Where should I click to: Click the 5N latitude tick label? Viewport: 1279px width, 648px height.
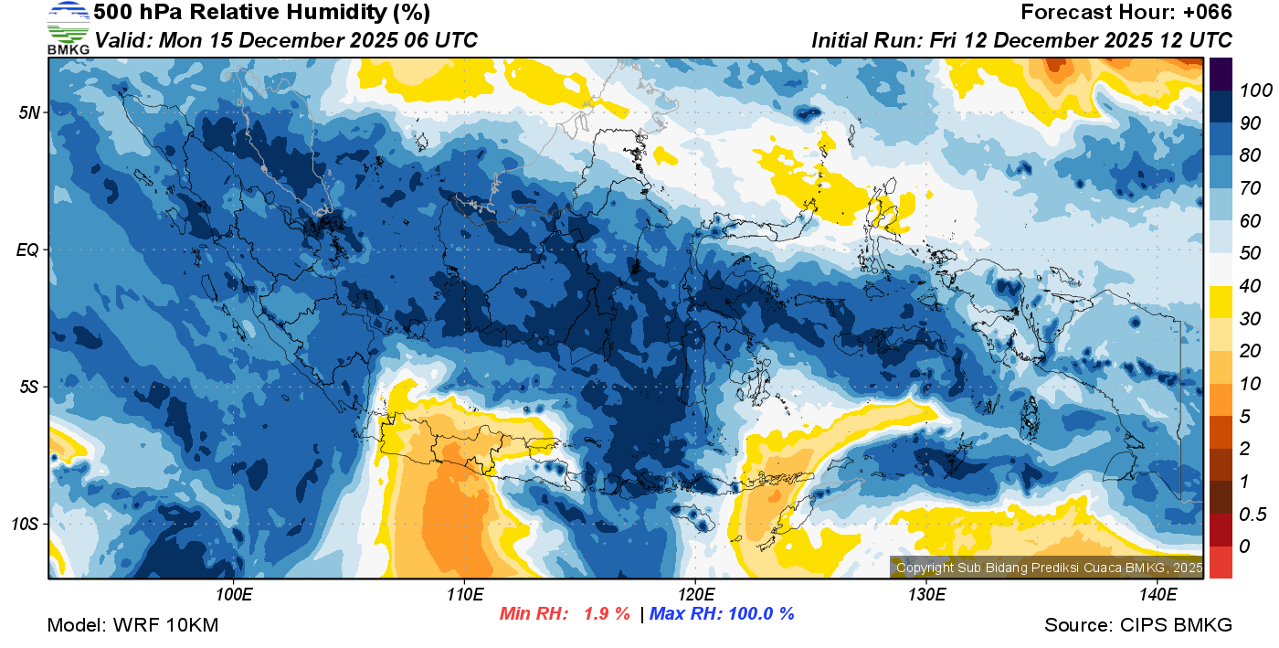(x=30, y=112)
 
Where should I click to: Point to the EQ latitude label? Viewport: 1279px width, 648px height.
(x=28, y=250)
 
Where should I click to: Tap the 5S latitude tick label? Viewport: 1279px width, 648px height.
(x=30, y=387)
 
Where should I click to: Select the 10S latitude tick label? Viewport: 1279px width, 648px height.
(x=26, y=525)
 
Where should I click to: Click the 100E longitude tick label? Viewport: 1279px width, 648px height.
(x=234, y=595)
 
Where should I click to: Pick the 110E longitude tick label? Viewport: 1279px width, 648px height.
(x=465, y=595)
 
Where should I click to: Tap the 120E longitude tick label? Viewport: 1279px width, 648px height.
(x=695, y=595)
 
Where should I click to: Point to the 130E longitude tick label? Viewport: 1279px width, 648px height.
(x=926, y=595)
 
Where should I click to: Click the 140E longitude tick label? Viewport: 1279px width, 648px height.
(x=1157, y=595)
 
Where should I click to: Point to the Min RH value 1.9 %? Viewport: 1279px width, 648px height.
(x=607, y=613)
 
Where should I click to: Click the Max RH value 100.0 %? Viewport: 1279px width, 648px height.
(x=759, y=613)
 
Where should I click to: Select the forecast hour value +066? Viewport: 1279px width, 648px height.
(x=1207, y=13)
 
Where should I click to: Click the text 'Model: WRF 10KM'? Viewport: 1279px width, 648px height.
(x=132, y=625)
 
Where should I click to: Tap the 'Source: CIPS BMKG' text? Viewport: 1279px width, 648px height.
(x=1138, y=625)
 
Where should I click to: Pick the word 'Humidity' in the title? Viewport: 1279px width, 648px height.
(x=278, y=13)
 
